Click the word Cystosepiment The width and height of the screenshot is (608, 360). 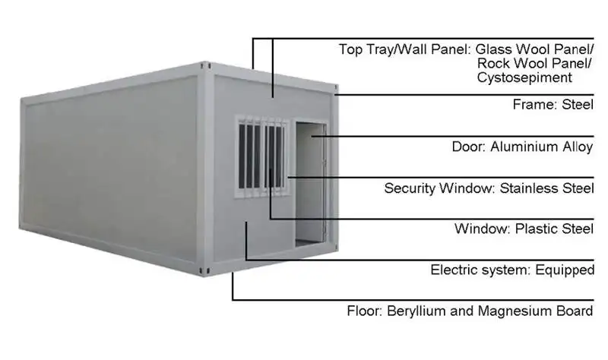[x=524, y=77]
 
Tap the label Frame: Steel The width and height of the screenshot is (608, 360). [x=553, y=106]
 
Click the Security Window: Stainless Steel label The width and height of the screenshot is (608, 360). [x=489, y=188]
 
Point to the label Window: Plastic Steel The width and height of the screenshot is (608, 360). [x=524, y=229]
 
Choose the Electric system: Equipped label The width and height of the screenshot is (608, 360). [x=511, y=270]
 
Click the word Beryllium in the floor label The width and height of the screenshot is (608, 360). [x=419, y=311]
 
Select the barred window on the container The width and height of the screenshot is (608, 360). [x=262, y=156]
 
